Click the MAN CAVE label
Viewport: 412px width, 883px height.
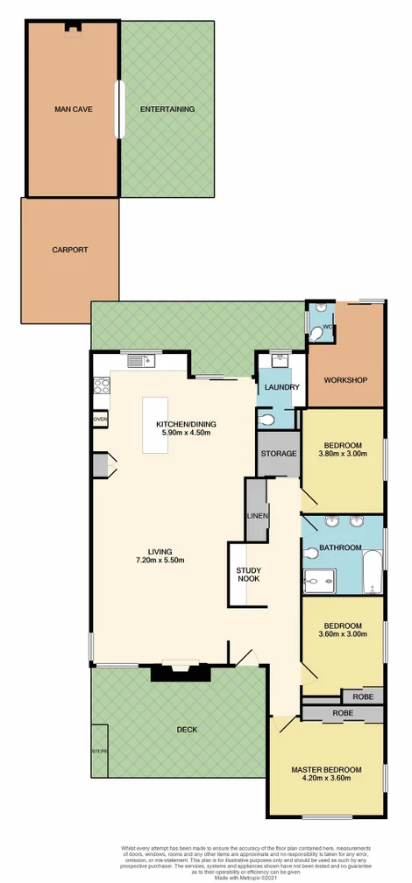coord(74,109)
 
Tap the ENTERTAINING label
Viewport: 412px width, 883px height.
coord(167,109)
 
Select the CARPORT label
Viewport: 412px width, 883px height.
coord(70,250)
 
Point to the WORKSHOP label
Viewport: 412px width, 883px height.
coord(345,380)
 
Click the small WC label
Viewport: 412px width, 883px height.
coord(328,328)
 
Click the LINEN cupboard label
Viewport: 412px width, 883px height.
coord(257,516)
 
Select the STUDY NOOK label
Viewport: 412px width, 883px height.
coord(248,575)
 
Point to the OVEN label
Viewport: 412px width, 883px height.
coord(99,420)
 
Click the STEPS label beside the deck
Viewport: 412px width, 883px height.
coord(99,751)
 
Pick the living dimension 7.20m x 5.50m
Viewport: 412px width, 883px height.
coord(160,560)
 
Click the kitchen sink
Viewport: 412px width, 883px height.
coord(139,359)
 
